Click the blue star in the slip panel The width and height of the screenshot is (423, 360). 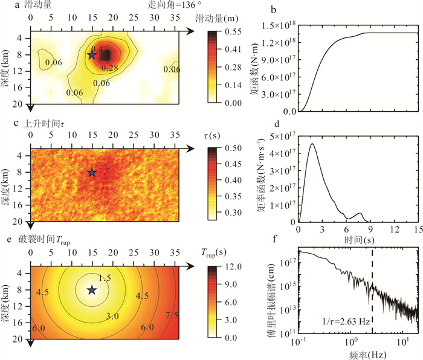pos(92,55)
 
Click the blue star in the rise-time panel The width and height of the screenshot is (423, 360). pos(92,172)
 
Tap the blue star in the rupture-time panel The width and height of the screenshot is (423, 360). pos(92,290)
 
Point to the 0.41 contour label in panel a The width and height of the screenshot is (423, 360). pos(100,48)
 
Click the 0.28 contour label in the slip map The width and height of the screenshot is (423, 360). pos(109,68)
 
